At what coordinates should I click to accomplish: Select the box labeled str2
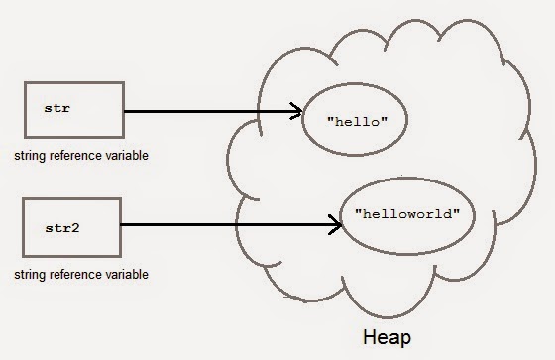[x=70, y=226]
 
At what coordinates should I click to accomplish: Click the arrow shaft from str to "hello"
[x=208, y=111]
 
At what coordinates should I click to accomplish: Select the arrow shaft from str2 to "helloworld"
[x=228, y=225]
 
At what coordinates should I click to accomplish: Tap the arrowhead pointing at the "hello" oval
[x=295, y=111]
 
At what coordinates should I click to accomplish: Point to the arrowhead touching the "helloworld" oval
[x=337, y=224]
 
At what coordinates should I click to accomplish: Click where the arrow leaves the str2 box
[x=123, y=225]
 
